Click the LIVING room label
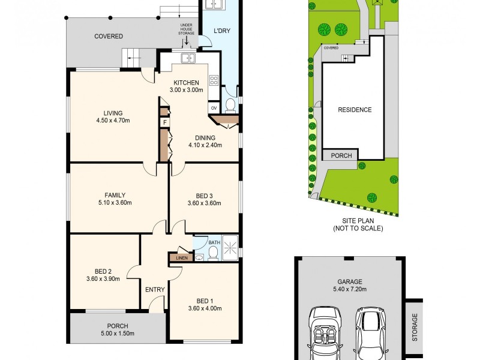112,113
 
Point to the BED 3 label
204,196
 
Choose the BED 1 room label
205,301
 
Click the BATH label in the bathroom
214,243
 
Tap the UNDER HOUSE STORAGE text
187,29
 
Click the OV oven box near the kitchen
214,108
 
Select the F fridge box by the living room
164,122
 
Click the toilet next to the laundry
231,106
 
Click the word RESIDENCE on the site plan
354,110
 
